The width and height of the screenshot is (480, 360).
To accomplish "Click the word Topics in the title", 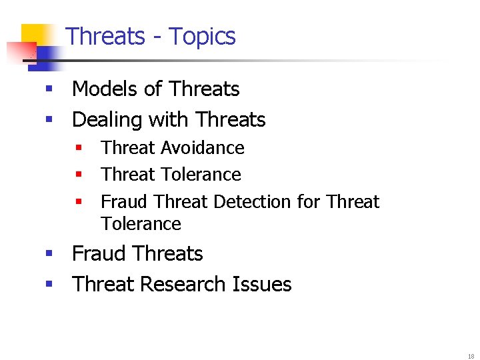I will [x=202, y=36].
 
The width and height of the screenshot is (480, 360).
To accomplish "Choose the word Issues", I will [x=262, y=284].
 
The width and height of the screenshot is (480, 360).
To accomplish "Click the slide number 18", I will [x=471, y=356].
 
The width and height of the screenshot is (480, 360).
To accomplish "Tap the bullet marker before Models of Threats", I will [x=49, y=89].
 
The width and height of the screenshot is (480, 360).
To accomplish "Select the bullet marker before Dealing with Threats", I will [x=49, y=120].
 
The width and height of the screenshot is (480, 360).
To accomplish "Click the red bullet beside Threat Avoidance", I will [x=78, y=147].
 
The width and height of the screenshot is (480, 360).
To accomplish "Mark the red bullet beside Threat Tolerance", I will [x=78, y=175].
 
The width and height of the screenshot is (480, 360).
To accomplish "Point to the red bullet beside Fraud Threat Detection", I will [x=78, y=201].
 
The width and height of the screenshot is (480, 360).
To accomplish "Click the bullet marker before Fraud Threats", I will [x=49, y=254].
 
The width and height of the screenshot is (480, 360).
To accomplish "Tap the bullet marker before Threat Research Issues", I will [x=49, y=285].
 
